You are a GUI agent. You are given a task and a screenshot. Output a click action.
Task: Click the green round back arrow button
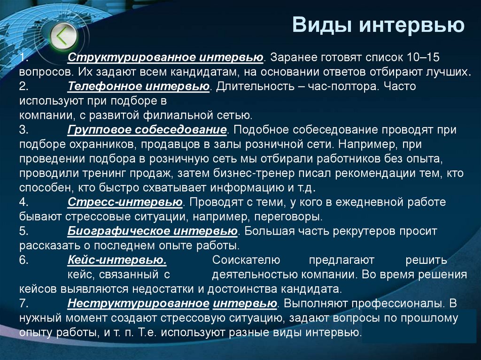click(62, 36)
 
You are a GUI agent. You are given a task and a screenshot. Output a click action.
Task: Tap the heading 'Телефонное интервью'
click(138, 86)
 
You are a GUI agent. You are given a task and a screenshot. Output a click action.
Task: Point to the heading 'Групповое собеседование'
click(147, 130)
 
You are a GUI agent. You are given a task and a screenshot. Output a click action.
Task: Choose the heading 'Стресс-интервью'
click(124, 202)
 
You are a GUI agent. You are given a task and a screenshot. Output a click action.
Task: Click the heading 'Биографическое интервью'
click(152, 231)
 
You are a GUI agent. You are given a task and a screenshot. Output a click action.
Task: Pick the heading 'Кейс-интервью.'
click(116, 260)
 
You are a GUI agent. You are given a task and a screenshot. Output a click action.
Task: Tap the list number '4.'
click(25, 202)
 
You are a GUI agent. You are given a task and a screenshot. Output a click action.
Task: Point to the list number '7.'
click(25, 303)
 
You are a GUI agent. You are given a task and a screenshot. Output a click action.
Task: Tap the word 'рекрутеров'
click(368, 231)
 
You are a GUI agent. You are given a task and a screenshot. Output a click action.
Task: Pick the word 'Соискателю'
click(246, 260)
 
